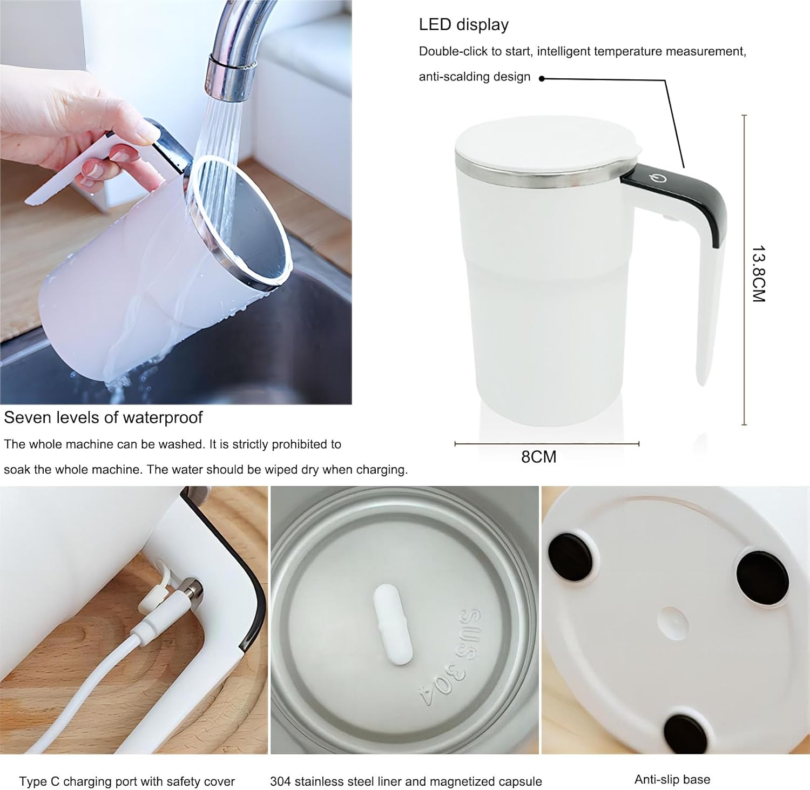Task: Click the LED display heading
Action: (x=463, y=25)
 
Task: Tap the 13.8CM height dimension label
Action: (x=758, y=273)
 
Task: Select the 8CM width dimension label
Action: (x=538, y=457)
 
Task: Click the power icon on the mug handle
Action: (x=658, y=179)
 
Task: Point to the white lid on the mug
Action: (x=545, y=145)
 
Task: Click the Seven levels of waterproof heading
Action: (x=103, y=417)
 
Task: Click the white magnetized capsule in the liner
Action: (x=393, y=624)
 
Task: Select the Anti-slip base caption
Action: (x=672, y=779)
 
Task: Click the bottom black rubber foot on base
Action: (x=686, y=734)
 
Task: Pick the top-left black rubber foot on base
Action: (x=572, y=556)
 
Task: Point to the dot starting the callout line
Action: (x=542, y=78)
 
